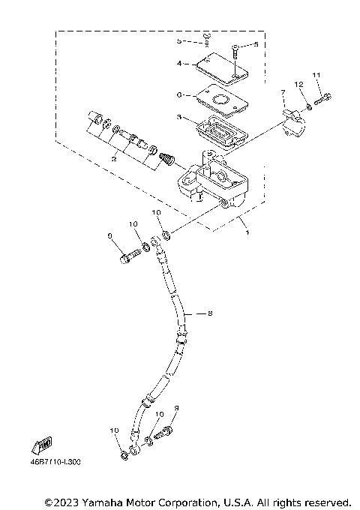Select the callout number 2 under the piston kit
pyautogui.click(x=113, y=160)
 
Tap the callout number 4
pyautogui.click(x=179, y=64)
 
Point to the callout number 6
pyautogui.click(x=179, y=94)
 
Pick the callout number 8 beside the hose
pyautogui.click(x=209, y=312)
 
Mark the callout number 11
pyautogui.click(x=316, y=74)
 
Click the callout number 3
pyautogui.click(x=179, y=117)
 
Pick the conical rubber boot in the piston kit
pyautogui.click(x=170, y=160)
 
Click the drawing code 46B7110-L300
pyautogui.click(x=54, y=463)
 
